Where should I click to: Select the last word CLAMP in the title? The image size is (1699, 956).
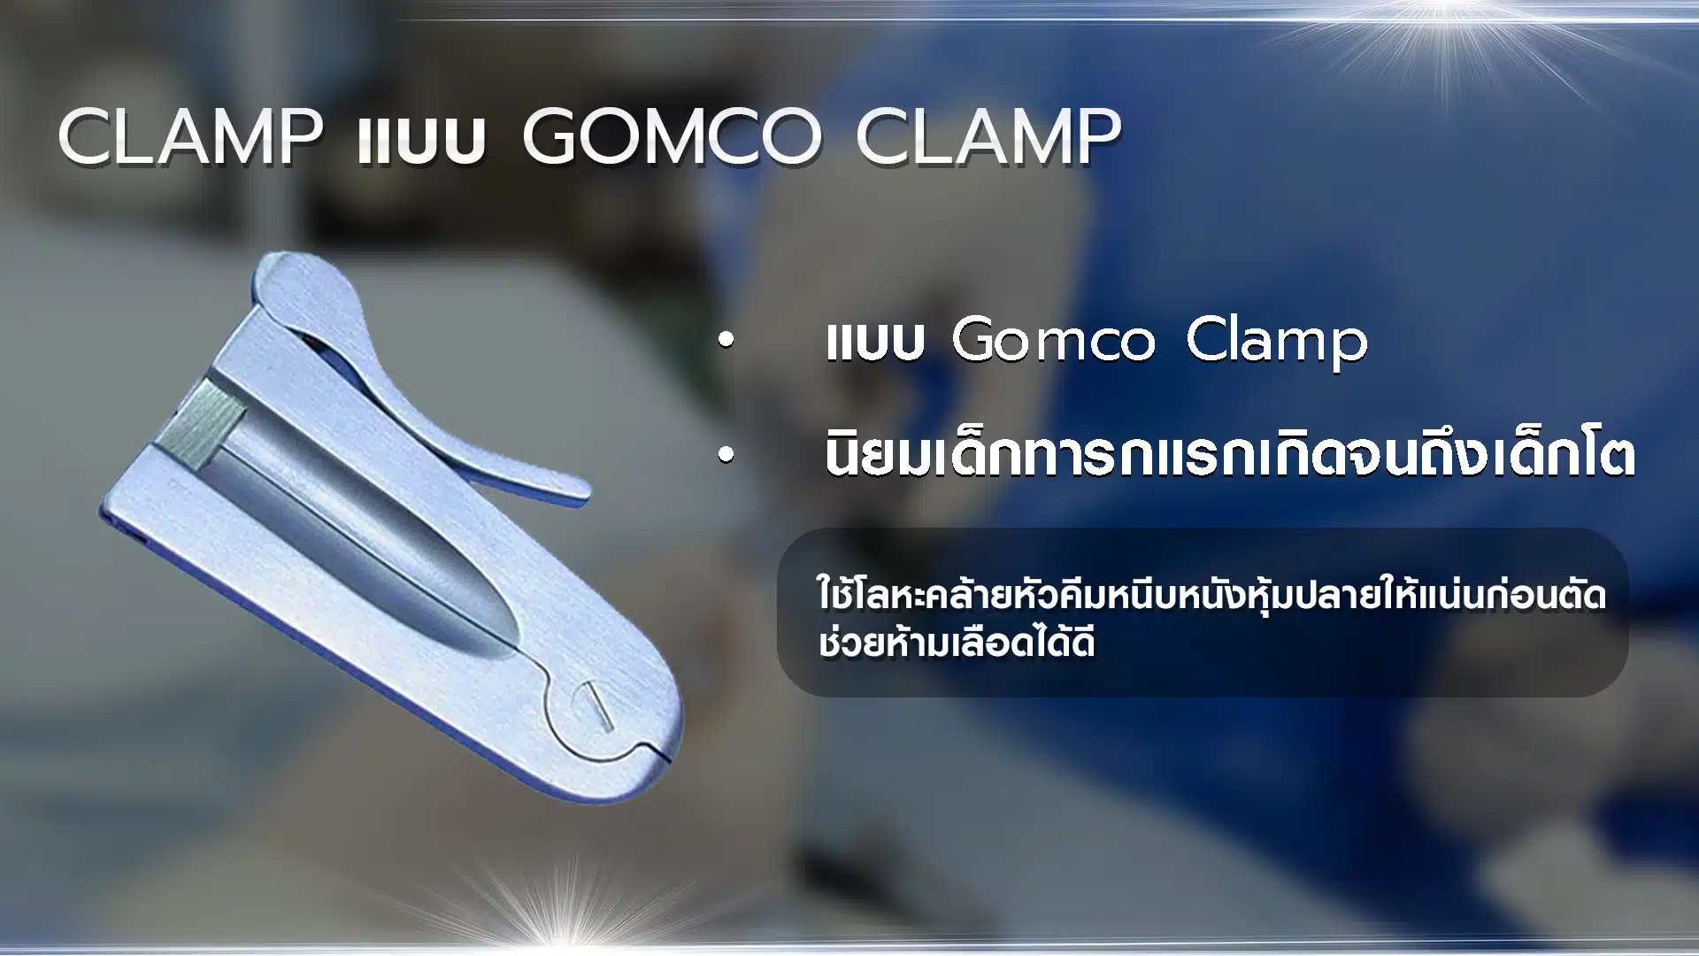[988, 137]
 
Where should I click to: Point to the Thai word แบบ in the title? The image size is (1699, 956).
[422, 141]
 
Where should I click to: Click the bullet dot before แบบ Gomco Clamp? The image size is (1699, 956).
[726, 342]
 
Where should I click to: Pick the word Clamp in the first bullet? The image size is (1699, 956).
[1277, 342]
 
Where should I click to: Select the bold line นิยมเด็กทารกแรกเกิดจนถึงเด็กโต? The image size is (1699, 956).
[1229, 455]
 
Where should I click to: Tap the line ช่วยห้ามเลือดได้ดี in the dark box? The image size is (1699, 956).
[957, 642]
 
